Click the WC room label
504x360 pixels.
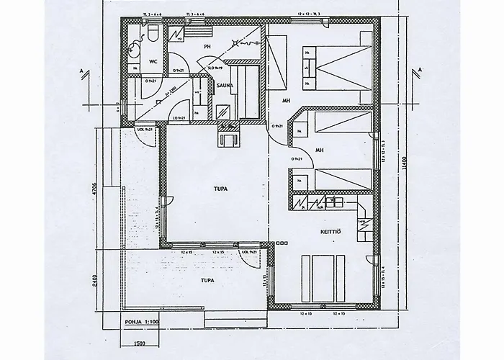pyautogui.click(x=153, y=62)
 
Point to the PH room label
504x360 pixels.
pyautogui.click(x=207, y=47)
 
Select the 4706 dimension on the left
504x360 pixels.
pyautogui.click(x=94, y=192)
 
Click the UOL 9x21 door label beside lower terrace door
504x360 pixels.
pyautogui.click(x=249, y=252)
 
